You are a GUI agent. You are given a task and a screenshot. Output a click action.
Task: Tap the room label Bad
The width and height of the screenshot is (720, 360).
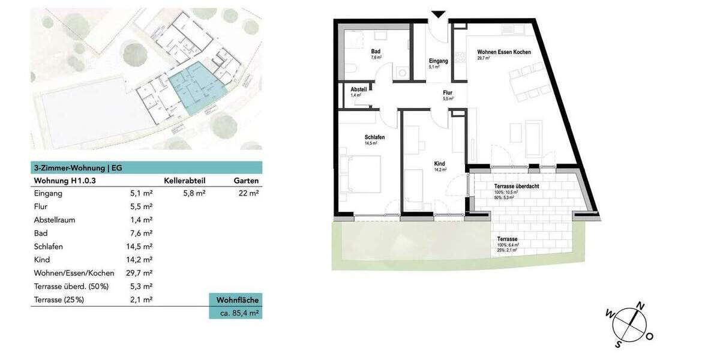click(376, 52)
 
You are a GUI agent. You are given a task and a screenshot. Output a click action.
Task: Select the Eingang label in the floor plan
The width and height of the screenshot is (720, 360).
click(438, 61)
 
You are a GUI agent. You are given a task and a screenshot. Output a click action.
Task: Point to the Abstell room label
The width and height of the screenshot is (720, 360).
click(358, 89)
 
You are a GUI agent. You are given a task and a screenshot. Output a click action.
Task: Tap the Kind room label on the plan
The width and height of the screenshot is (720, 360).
click(440, 163)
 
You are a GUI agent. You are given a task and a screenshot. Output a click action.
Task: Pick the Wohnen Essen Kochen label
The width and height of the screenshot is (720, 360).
click(503, 52)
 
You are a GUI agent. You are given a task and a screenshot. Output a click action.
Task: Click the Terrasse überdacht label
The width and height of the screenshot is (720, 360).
click(516, 186)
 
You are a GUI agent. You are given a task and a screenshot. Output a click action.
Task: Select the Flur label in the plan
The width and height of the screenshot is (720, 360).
click(448, 92)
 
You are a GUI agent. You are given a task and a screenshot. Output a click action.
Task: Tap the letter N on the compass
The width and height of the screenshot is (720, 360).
click(641, 306)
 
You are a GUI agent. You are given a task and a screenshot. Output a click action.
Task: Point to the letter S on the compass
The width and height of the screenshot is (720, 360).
click(619, 344)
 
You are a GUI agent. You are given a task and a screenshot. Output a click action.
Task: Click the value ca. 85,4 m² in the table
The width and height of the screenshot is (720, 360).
click(235, 313)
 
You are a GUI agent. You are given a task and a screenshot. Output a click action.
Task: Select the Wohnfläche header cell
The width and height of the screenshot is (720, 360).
click(235, 299)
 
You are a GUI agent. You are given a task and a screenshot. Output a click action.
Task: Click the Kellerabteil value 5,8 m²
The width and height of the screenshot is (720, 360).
click(194, 193)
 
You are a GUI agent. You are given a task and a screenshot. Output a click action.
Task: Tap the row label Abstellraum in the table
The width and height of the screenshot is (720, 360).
click(55, 220)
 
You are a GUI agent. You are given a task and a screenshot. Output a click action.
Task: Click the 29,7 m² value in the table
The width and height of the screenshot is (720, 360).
click(141, 273)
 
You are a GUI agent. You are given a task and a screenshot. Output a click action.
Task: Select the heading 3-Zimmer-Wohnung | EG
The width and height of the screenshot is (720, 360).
click(78, 168)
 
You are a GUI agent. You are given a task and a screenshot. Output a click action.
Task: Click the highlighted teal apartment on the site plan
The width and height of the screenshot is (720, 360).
click(195, 90)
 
